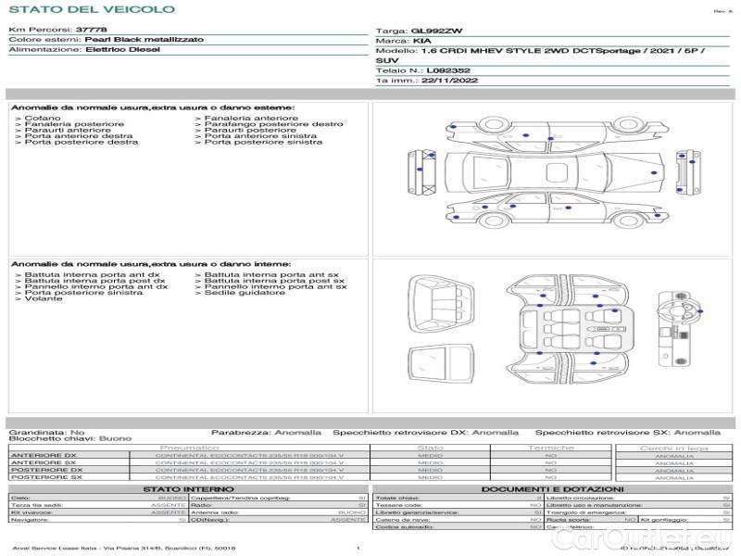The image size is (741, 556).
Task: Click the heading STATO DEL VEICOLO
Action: tap(91, 9)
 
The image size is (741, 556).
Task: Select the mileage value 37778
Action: tap(91, 31)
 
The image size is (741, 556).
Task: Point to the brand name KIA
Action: tap(421, 42)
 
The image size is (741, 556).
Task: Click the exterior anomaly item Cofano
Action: tap(43, 119)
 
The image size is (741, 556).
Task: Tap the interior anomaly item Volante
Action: tap(44, 299)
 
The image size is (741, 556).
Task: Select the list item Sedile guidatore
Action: tap(245, 293)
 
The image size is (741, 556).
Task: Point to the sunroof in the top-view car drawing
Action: tap(558, 172)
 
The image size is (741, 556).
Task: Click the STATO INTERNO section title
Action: tap(188, 489)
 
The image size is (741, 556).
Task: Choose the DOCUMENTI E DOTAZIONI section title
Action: tap(552, 489)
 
